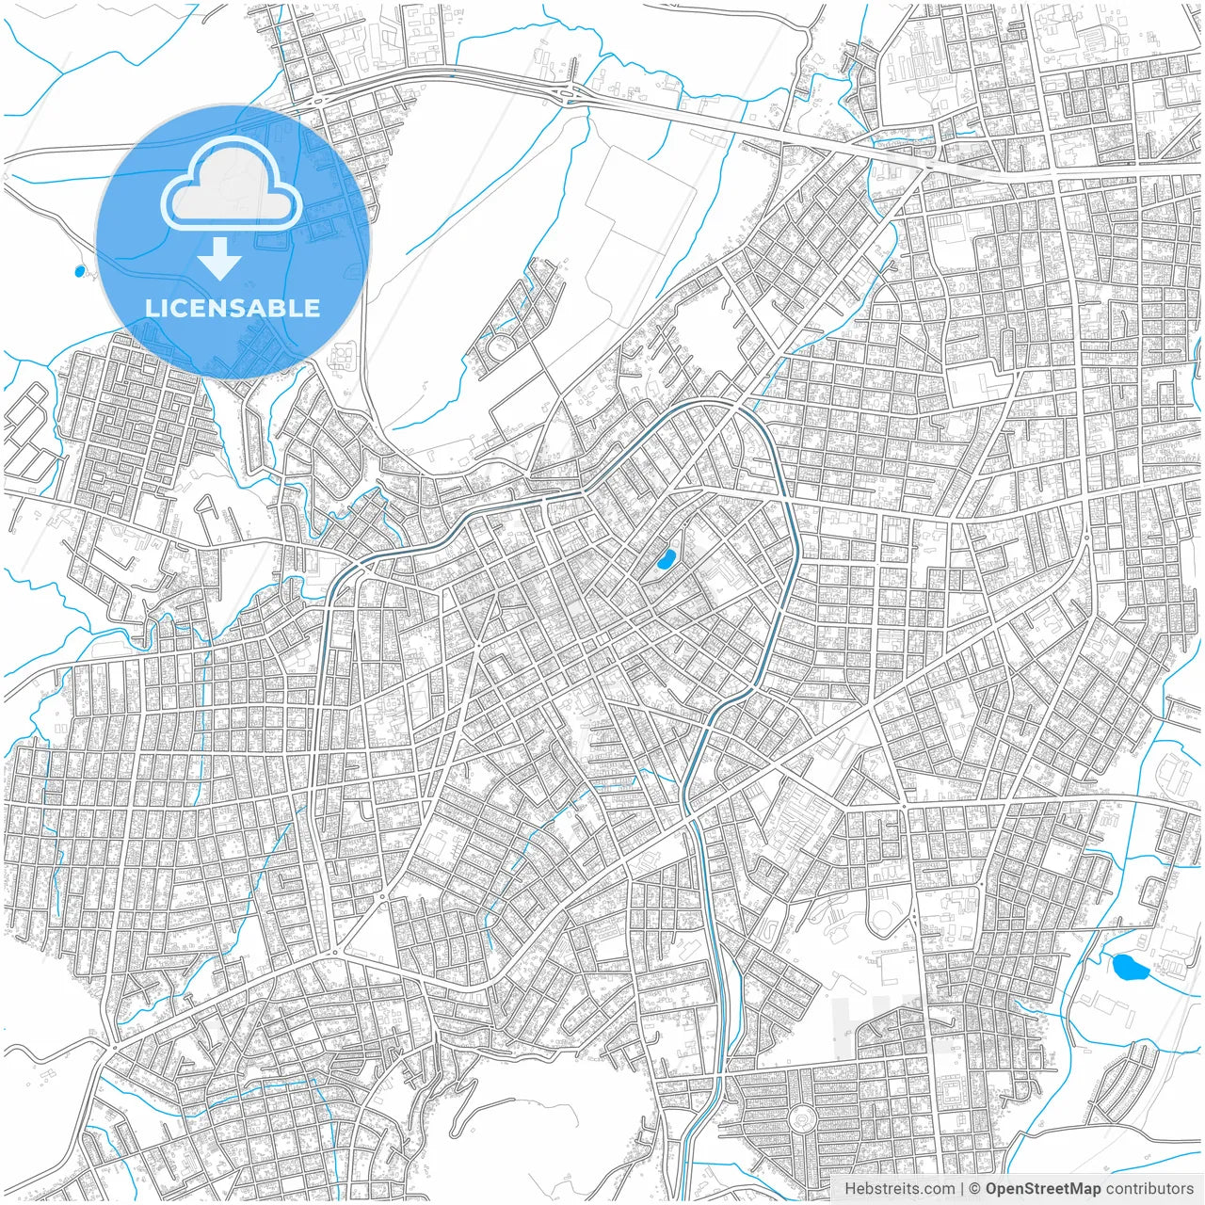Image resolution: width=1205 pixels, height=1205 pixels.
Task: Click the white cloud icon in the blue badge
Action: [232, 186]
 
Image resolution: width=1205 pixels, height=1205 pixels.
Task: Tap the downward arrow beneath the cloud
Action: [220, 259]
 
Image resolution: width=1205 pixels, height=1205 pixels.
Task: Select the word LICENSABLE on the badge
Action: [233, 308]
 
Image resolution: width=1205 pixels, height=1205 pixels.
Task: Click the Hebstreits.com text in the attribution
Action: [899, 1189]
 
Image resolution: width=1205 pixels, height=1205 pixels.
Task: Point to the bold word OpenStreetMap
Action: [1043, 1189]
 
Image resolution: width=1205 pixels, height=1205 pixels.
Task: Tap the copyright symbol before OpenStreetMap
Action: [975, 1189]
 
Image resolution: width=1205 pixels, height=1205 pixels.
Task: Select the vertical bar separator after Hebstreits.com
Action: [961, 1189]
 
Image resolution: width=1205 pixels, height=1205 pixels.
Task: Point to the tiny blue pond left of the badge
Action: [79, 272]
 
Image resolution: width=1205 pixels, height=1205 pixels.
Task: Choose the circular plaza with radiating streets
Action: [802, 1119]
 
